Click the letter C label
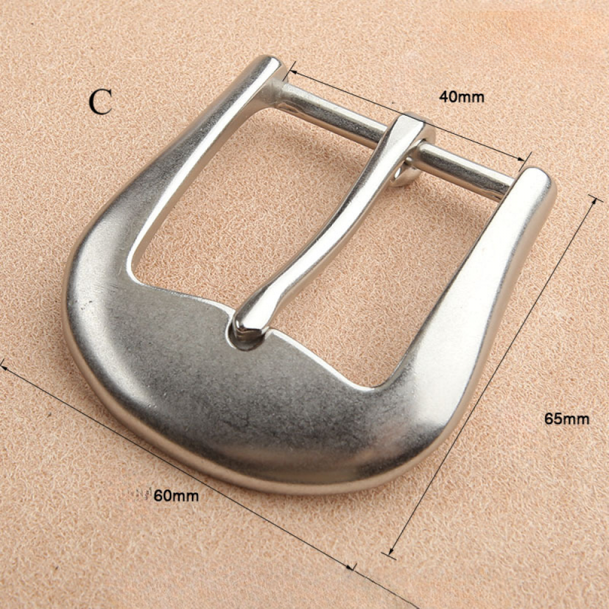tap(100, 102)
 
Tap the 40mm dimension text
tap(462, 97)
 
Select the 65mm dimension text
tap(566, 419)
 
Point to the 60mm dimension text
tap(177, 496)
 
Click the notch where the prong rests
tap(248, 337)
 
